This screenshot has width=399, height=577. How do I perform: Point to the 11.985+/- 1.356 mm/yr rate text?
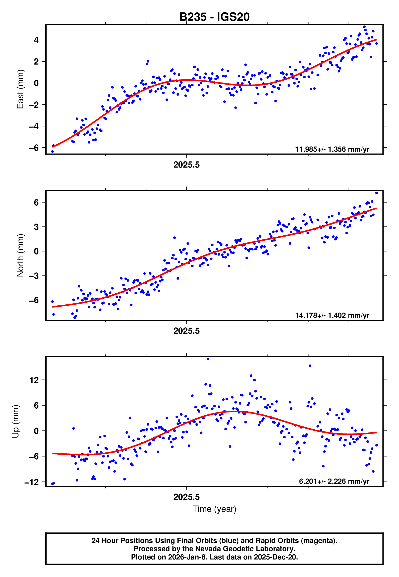pyautogui.click(x=332, y=149)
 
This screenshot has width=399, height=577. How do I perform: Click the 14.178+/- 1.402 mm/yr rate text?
pyautogui.click(x=332, y=315)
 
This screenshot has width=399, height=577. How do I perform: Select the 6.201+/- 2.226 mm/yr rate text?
pyautogui.click(x=334, y=481)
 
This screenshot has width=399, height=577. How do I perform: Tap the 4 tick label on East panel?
pyautogui.click(x=36, y=40)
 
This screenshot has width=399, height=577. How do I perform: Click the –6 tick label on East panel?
pyautogui.click(x=34, y=148)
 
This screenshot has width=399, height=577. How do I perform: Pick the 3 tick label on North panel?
pyautogui.click(x=36, y=227)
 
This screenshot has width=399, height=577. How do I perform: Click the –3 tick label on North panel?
pyautogui.click(x=34, y=276)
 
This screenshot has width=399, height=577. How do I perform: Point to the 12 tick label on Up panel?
pyautogui.click(x=34, y=380)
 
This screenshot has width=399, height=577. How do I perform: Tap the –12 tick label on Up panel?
pyautogui.click(x=32, y=482)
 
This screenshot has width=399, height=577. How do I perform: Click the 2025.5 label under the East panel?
pyautogui.click(x=186, y=165)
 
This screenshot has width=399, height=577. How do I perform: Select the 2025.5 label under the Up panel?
pyautogui.click(x=186, y=497)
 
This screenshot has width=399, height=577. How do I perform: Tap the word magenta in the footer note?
pyautogui.click(x=318, y=541)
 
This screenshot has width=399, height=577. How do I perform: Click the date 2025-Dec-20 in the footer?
pyautogui.click(x=275, y=557)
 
